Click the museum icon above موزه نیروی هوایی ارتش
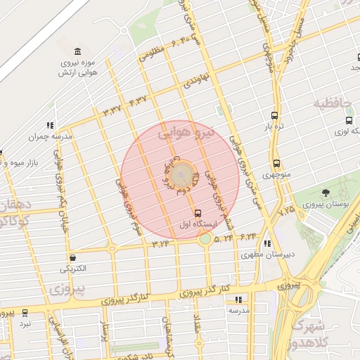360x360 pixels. coord(77,52)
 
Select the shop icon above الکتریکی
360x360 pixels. coord(72,257)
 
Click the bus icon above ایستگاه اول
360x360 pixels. coord(197,213)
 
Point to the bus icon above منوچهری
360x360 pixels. coord(276,162)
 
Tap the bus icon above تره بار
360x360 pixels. coord(274,116)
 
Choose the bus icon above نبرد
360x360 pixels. coord(25,313)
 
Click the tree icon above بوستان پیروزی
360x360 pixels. coord(325,193)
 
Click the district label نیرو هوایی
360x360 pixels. coord(185,131)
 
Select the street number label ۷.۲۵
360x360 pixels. coord(286,210)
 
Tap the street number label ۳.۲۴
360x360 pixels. coord(160,243)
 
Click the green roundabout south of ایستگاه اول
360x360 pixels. coord(205,239)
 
